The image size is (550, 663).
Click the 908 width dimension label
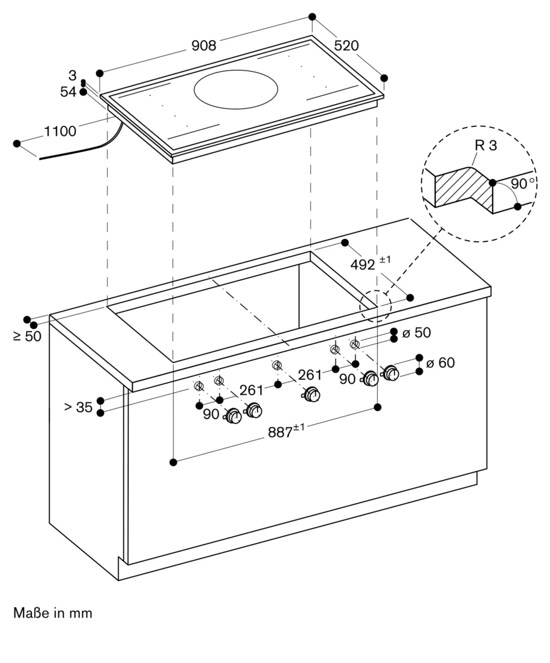[x=204, y=46]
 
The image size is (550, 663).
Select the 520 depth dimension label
[x=346, y=46]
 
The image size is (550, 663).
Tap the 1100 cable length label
[x=60, y=131]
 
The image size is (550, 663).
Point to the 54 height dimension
[x=68, y=92]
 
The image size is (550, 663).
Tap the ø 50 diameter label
[x=416, y=333]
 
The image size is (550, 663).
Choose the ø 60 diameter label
[x=440, y=363]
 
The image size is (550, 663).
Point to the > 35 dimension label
[x=78, y=407]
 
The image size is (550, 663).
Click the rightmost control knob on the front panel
[x=391, y=373]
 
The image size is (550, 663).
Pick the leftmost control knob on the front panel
[x=233, y=417]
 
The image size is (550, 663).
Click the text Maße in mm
[x=53, y=612]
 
